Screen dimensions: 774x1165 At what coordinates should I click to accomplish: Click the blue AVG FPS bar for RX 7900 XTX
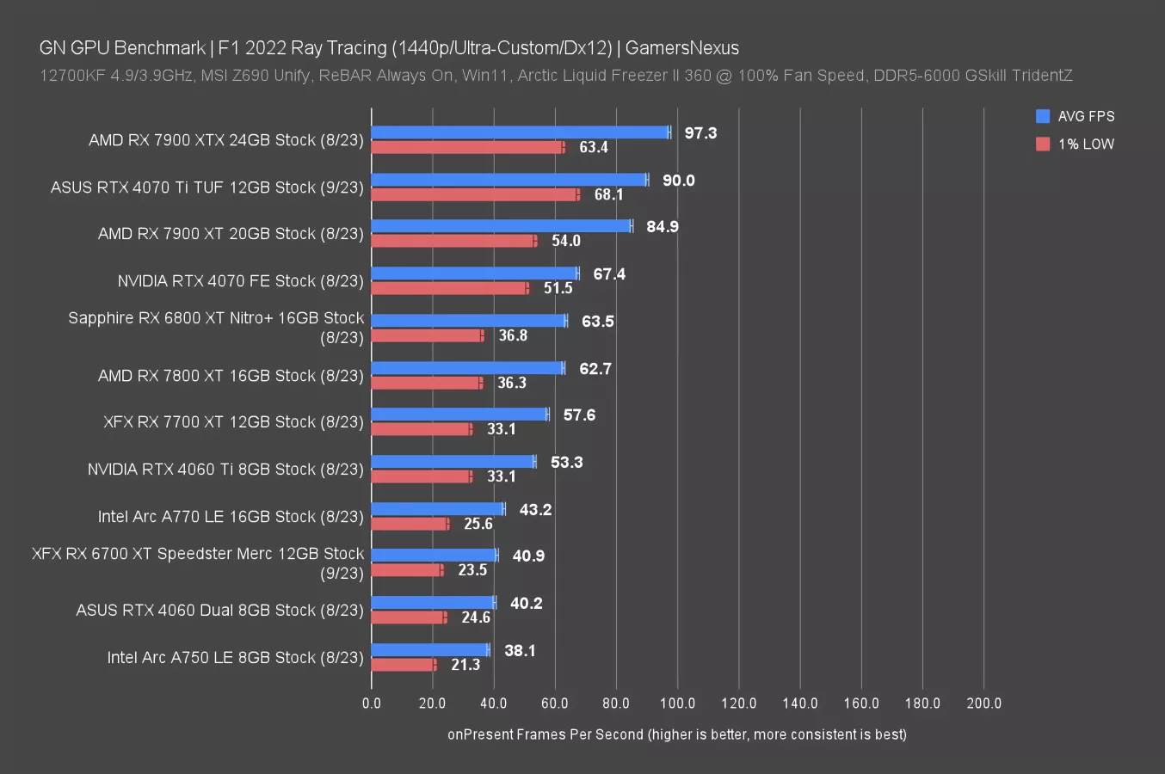[520, 132]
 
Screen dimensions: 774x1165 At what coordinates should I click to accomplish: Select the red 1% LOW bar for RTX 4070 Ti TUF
[474, 194]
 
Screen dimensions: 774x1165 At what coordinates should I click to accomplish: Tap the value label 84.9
[663, 227]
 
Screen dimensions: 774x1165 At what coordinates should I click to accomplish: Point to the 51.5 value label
[558, 288]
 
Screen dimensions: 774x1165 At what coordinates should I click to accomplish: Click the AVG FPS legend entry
[1076, 116]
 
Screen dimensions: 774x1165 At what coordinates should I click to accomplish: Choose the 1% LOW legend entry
[1076, 144]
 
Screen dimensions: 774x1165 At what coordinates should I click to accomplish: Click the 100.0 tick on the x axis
[677, 703]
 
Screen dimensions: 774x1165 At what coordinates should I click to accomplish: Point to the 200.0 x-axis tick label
[983, 703]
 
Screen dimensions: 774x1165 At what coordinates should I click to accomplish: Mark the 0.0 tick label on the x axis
[372, 703]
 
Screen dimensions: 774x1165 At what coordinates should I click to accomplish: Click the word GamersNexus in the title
[682, 48]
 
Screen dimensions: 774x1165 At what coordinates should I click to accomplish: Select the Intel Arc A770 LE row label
[231, 516]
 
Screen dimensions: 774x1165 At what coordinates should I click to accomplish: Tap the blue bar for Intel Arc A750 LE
[429, 650]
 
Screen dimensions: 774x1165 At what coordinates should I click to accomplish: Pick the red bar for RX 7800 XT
[426, 383]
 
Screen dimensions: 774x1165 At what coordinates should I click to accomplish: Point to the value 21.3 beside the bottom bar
[465, 665]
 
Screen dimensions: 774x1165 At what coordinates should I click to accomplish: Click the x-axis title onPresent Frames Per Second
[676, 734]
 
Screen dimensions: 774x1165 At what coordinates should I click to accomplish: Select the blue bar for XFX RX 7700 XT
[459, 415]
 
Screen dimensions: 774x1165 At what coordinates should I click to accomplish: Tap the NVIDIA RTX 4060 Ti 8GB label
[225, 470]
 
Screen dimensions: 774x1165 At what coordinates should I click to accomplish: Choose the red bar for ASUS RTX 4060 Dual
[409, 617]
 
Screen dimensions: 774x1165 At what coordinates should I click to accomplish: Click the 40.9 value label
[528, 556]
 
